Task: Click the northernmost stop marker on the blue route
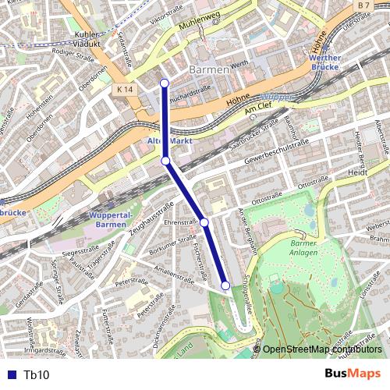coord(164,83)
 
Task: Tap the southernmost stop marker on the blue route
coord(225,285)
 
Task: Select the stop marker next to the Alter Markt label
coord(165,161)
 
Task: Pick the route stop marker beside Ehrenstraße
coord(204,222)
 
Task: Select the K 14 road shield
coord(123,90)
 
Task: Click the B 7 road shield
coord(362,6)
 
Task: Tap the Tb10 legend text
coord(37,375)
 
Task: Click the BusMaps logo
coord(354,374)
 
